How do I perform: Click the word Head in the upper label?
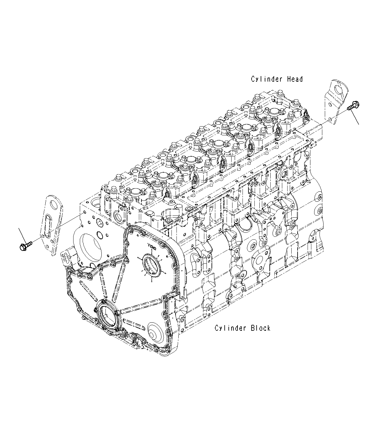tap(295, 79)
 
